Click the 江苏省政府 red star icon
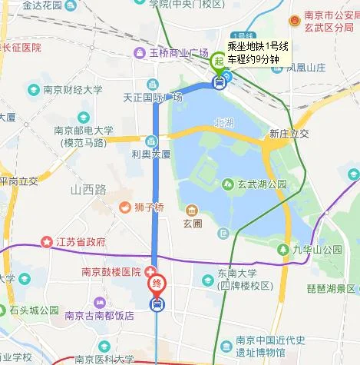(x=48, y=241)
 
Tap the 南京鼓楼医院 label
(x=111, y=272)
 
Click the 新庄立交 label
(x=289, y=134)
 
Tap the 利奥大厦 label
(x=150, y=154)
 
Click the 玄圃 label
(x=191, y=224)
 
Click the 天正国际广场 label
(x=152, y=97)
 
